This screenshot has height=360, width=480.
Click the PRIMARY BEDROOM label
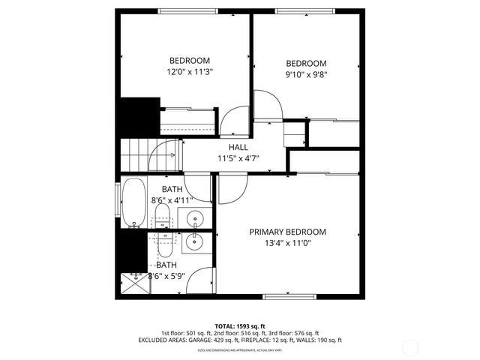[288, 232]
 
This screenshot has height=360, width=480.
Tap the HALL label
[238, 148]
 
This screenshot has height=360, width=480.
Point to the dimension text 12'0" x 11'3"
[189, 73]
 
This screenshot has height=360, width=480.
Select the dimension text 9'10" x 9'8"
[306, 74]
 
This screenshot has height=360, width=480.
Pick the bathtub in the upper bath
[134, 202]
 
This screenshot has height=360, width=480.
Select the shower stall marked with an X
[133, 283]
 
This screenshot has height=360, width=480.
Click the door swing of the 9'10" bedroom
[267, 105]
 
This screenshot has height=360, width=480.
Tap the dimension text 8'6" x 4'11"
[172, 200]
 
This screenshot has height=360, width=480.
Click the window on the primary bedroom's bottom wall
[288, 295]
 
